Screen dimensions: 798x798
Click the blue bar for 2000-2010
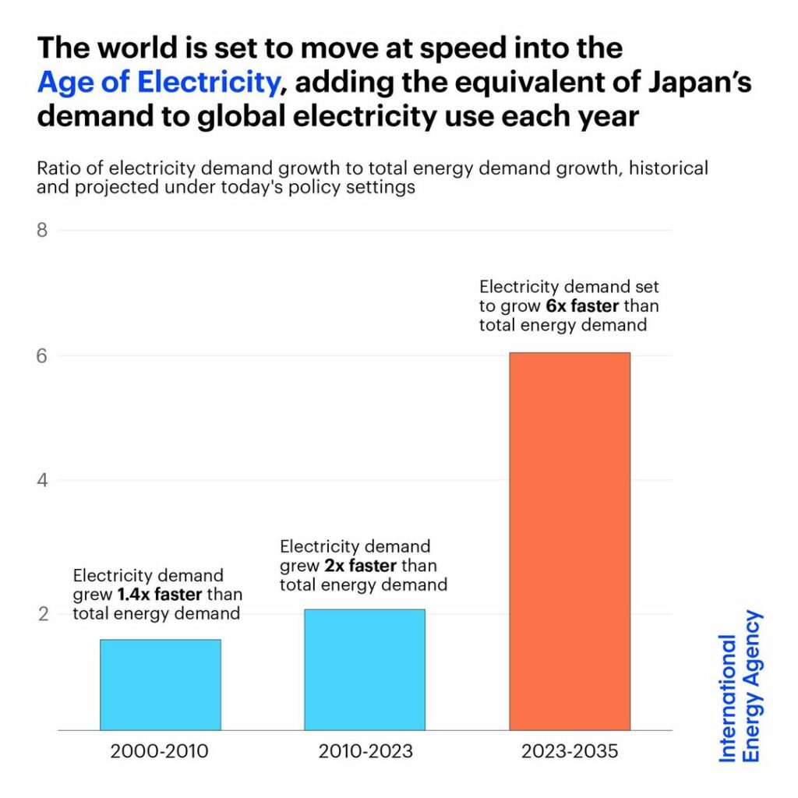coord(160,684)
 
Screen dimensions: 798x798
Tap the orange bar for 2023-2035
coord(570,541)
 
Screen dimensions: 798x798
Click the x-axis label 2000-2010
coord(160,752)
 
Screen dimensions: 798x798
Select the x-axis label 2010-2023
coord(365,752)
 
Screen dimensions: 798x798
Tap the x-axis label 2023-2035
coord(570,752)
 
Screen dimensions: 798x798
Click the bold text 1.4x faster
coord(160,595)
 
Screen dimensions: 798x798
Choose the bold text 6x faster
coord(581,305)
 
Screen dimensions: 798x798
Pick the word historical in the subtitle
coord(670,168)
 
